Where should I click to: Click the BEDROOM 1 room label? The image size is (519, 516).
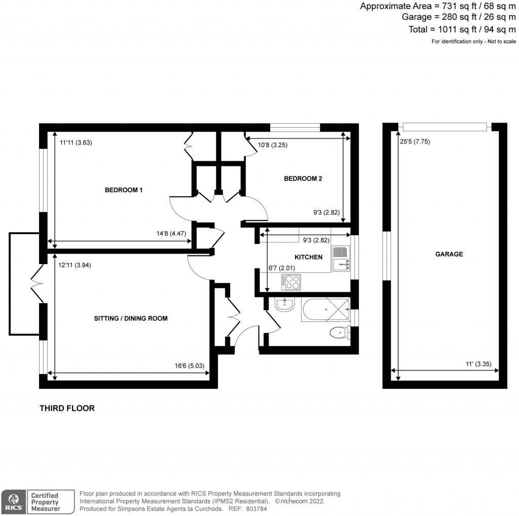[x=124, y=190]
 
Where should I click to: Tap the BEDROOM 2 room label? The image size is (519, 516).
[x=303, y=178]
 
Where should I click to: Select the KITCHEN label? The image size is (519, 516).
[x=308, y=257]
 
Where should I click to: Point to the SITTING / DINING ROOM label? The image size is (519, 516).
[x=131, y=318]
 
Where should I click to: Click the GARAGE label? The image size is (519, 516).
[x=449, y=254]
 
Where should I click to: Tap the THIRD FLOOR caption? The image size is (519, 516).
[x=67, y=408]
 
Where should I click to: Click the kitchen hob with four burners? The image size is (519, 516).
[x=291, y=282]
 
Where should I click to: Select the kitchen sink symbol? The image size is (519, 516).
[x=340, y=257]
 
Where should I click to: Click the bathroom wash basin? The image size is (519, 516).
[x=284, y=304]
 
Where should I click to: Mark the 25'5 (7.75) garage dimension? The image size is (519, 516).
[x=415, y=142]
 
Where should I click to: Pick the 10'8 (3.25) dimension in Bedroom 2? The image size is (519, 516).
[x=272, y=145]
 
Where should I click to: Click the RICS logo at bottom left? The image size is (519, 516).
[x=13, y=501]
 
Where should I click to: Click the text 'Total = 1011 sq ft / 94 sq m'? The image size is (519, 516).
[x=462, y=29]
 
